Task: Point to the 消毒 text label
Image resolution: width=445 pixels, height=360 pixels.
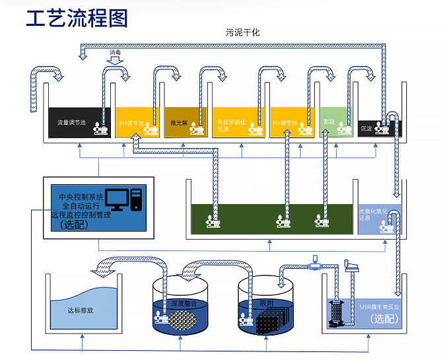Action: pyautogui.click(x=116, y=53)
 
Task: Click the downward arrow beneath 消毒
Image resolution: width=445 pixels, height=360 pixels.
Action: pyautogui.click(x=116, y=61)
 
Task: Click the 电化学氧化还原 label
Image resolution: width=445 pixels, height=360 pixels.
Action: pyautogui.click(x=231, y=126)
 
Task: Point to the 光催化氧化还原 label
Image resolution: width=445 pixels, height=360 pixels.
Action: pyautogui.click(x=369, y=214)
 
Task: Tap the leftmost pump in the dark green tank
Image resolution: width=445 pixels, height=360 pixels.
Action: pyautogui.click(x=213, y=221)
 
